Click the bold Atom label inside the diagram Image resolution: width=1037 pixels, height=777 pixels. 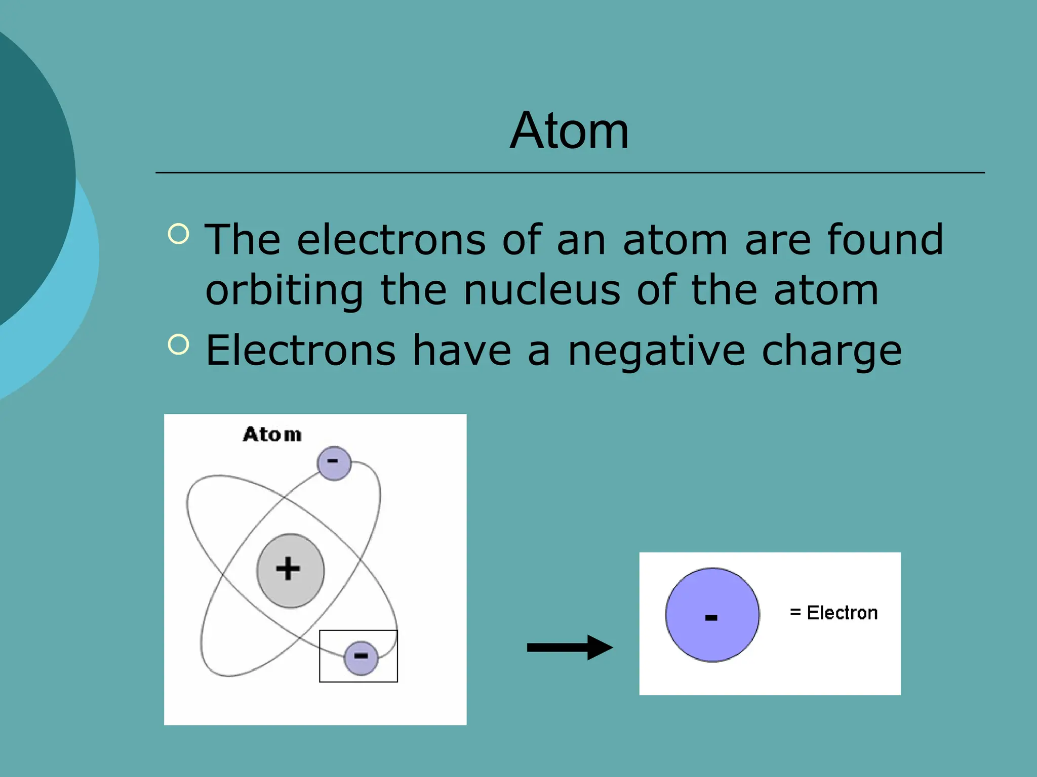coord(272,435)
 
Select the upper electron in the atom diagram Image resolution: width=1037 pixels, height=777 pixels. coord(334,463)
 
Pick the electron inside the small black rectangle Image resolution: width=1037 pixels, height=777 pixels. coord(361,658)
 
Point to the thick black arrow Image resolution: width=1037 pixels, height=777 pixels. coord(569,647)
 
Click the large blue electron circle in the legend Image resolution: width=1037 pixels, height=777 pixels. coord(712,615)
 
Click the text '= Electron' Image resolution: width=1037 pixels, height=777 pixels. coord(833,613)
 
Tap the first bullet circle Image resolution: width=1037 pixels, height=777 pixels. coord(178,234)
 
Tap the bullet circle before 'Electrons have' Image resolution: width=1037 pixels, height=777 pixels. coord(178,344)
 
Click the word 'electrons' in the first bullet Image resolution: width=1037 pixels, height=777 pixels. coord(391,240)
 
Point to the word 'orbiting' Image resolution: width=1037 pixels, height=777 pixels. coord(284,291)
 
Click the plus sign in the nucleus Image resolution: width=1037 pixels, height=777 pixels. coord(288,568)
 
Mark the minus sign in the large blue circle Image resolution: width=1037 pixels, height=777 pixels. coord(711,617)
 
